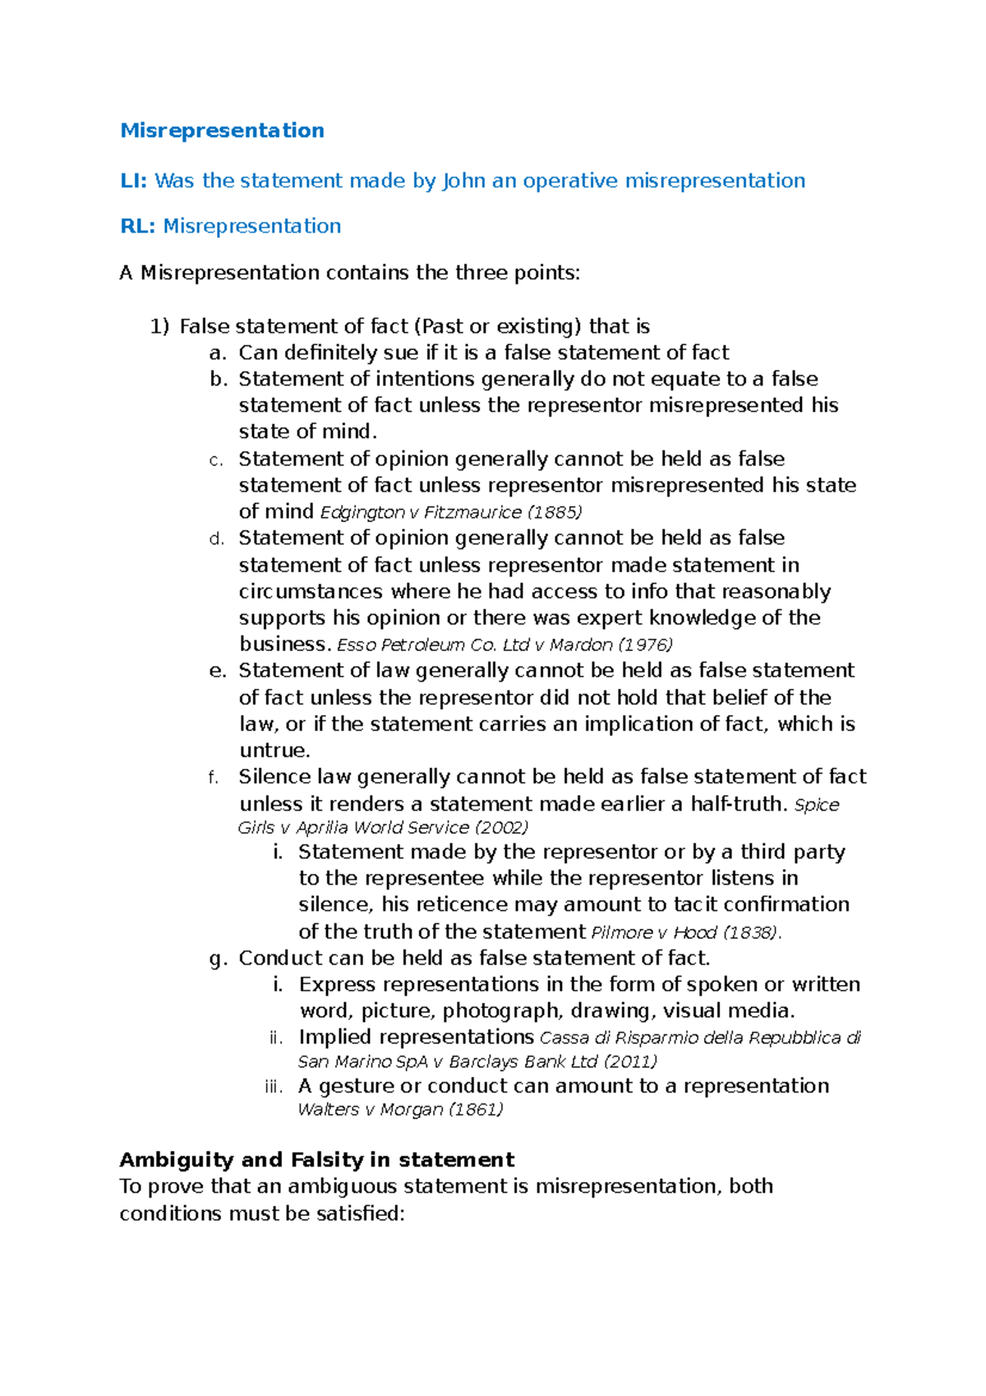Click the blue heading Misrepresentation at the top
click(222, 131)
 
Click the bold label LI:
click(133, 181)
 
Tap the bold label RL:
click(137, 226)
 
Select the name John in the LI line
click(463, 181)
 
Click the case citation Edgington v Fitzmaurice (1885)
click(450, 512)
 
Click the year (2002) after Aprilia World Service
click(501, 827)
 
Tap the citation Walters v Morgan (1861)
click(400, 1109)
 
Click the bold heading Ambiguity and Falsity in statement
click(316, 1160)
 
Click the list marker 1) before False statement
click(159, 326)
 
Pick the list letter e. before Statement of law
click(217, 671)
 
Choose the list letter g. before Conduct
click(217, 959)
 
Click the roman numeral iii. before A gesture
click(274, 1087)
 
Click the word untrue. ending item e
click(274, 751)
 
